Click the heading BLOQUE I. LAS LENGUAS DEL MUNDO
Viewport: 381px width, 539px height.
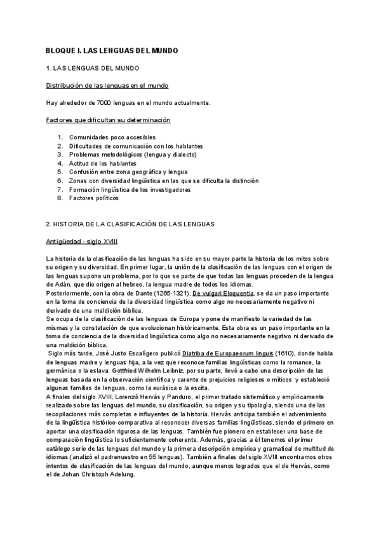(112, 50)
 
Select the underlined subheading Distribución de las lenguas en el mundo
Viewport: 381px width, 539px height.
(107, 85)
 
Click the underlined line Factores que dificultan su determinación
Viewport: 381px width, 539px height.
(108, 119)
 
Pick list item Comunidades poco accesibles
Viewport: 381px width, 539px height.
(112, 137)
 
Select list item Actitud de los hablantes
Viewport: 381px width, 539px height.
(103, 163)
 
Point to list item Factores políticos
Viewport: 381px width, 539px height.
(94, 198)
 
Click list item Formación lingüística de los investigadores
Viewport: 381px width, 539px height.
(130, 189)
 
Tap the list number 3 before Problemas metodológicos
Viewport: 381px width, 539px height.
(60, 154)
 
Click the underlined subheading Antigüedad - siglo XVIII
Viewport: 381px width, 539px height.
(82, 242)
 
